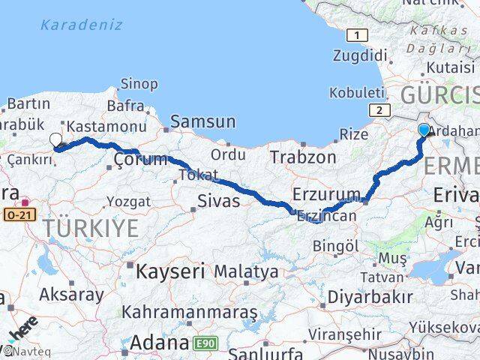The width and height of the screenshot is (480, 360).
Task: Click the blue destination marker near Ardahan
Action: pos(424,130)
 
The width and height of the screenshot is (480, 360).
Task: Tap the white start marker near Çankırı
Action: pos(56,139)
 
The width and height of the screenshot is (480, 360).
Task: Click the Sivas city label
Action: pos(218,200)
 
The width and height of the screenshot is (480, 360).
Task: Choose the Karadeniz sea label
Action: pos(81,25)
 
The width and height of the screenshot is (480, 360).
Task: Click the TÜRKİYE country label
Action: pos(91,227)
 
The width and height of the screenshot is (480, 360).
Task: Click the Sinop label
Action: pos(139,83)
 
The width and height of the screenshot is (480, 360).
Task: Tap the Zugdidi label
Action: pos(361,55)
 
